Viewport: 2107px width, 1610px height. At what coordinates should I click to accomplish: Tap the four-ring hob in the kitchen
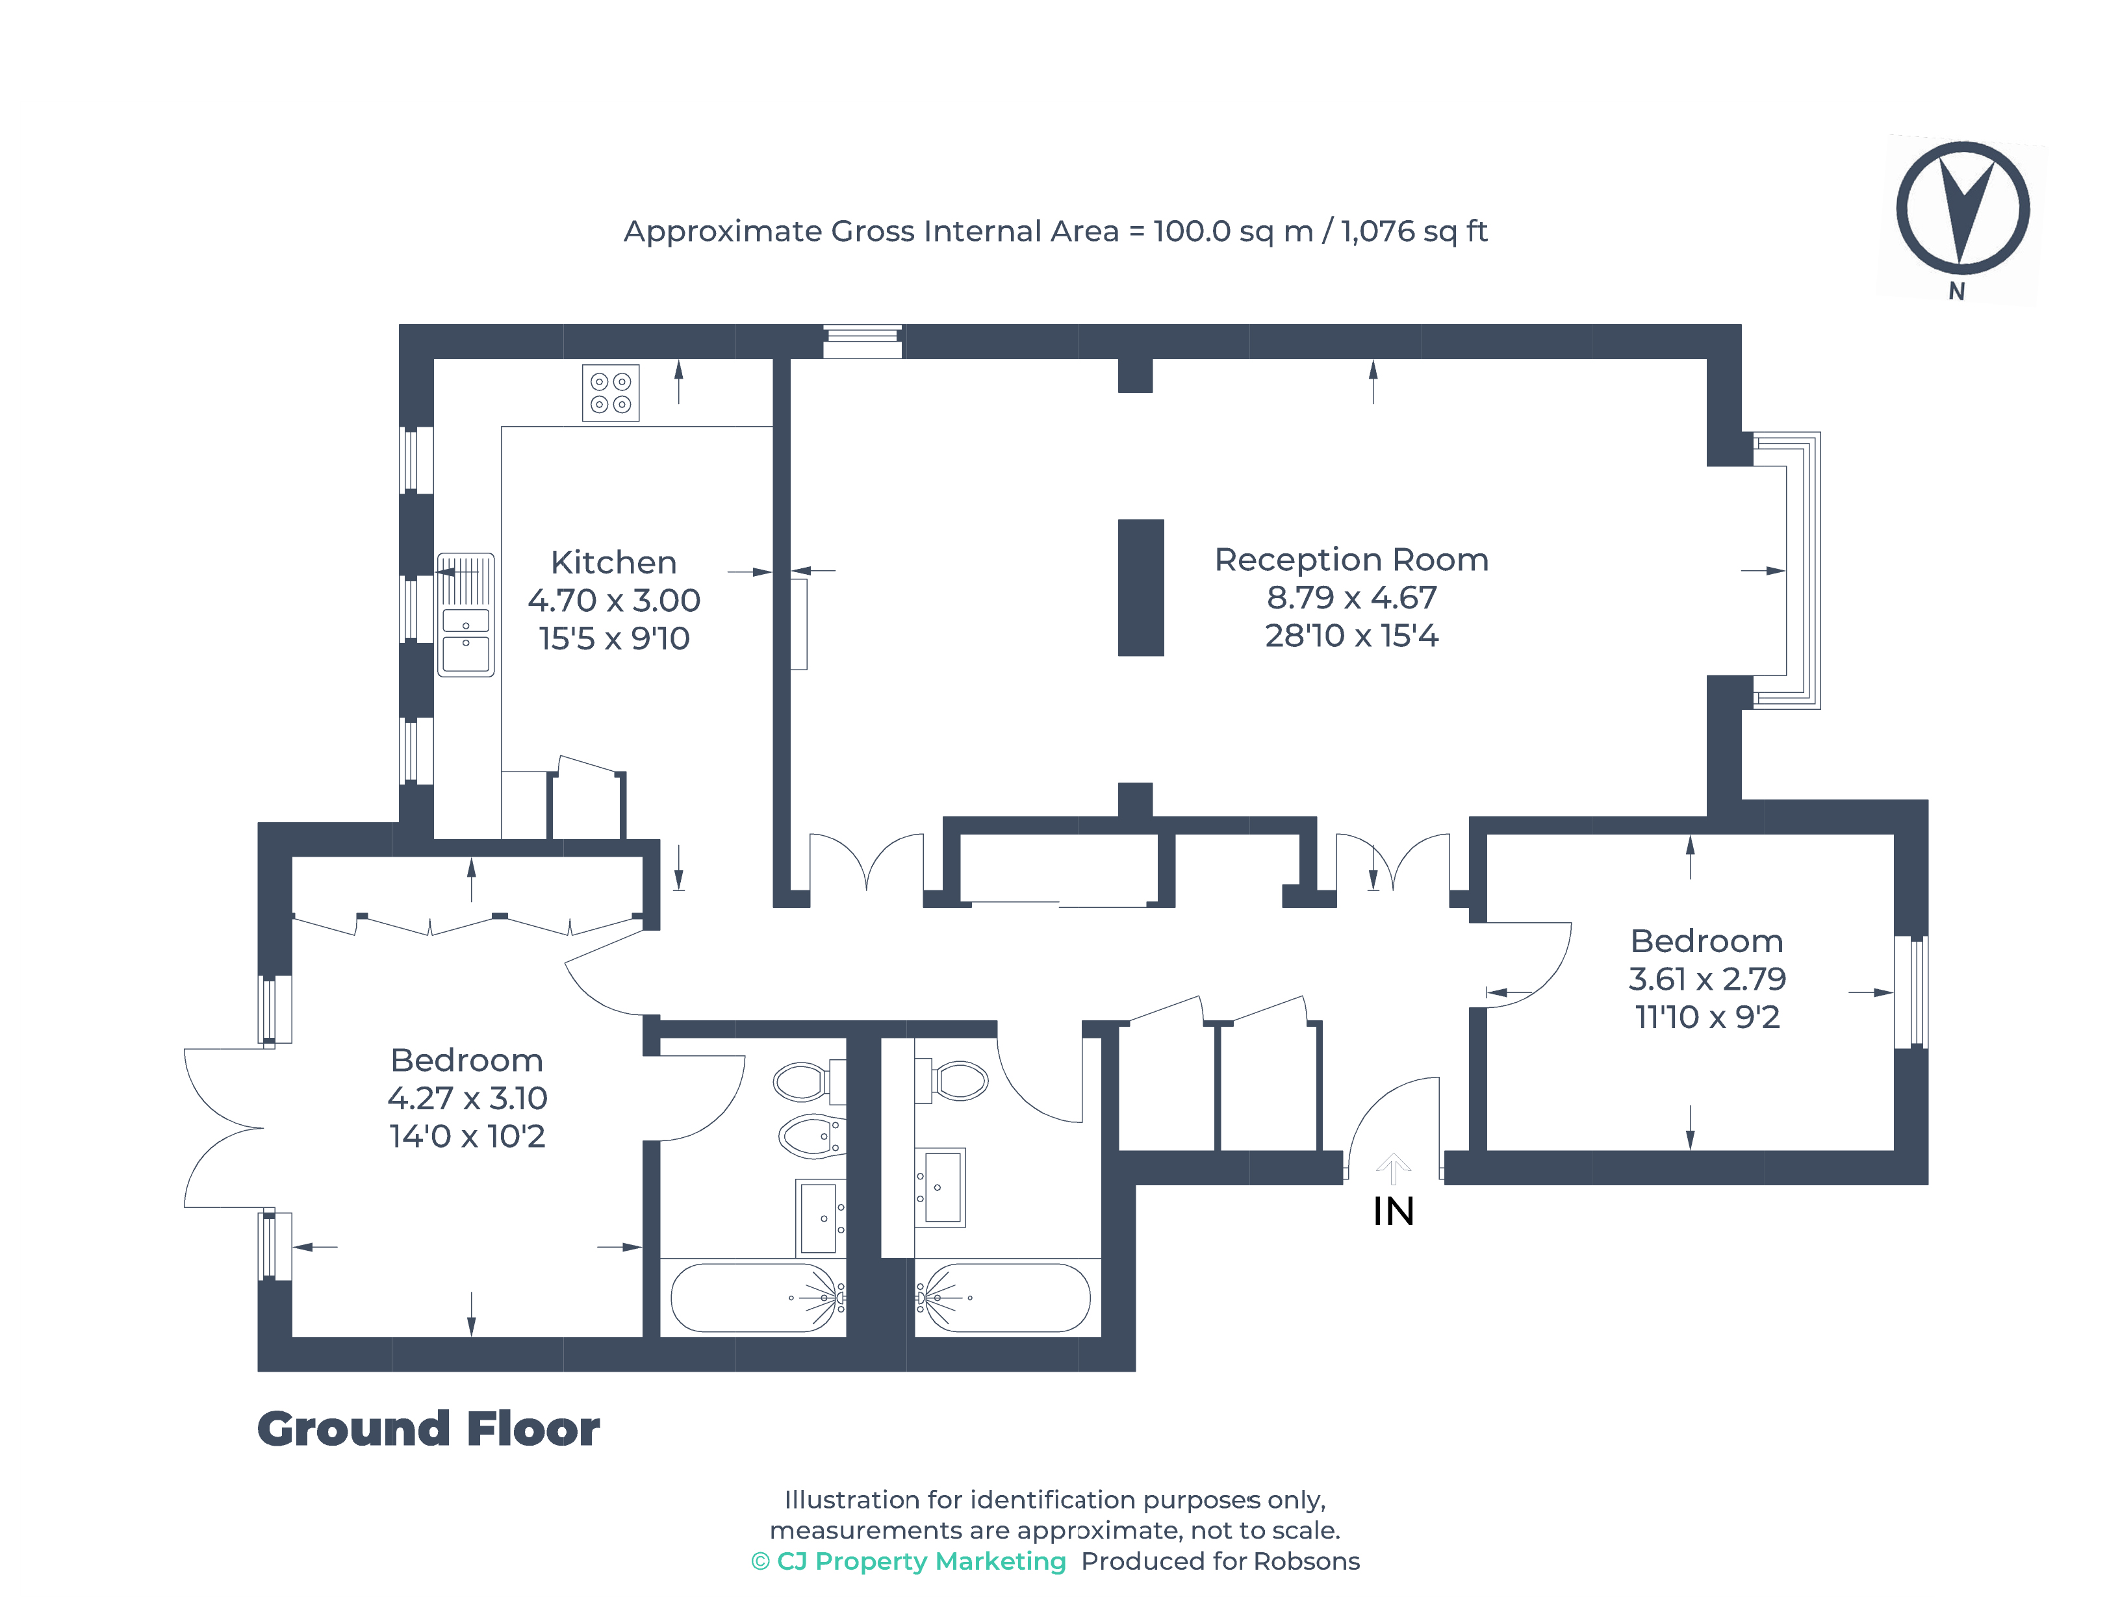tap(611, 393)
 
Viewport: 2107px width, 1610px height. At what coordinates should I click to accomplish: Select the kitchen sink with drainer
tap(466, 614)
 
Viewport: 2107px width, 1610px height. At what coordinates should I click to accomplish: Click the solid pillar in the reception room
tap(1141, 588)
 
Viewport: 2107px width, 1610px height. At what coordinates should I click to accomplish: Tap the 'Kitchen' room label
tap(613, 562)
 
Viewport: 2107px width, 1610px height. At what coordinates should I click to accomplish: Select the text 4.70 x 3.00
tap(613, 600)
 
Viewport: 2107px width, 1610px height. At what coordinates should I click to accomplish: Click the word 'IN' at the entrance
tap(1393, 1211)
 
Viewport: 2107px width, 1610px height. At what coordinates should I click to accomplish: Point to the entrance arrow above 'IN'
tap(1393, 1168)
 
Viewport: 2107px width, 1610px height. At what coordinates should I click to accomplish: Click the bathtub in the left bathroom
tap(758, 1298)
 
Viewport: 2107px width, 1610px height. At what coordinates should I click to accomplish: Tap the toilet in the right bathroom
tap(952, 1081)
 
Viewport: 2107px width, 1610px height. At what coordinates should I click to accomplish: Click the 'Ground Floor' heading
tap(429, 1429)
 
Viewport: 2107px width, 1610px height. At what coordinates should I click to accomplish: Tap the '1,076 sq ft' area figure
tap(1414, 231)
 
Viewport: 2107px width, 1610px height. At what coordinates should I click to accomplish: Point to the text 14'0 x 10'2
tap(467, 1136)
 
